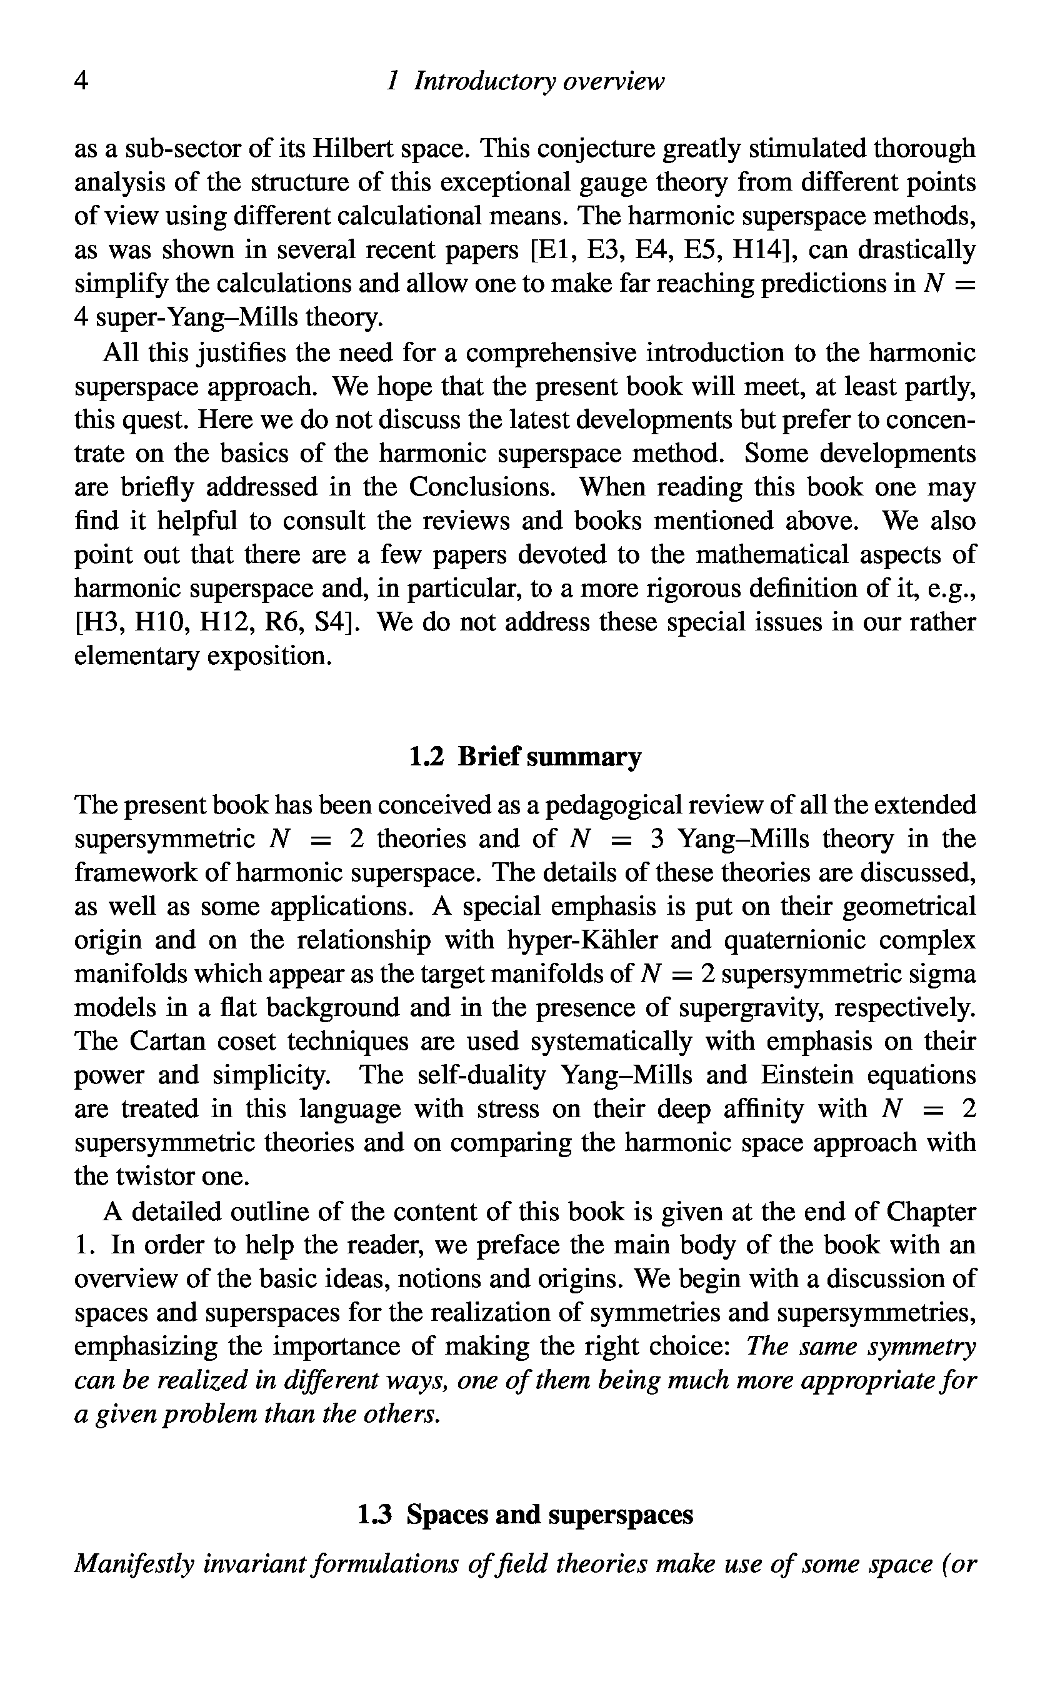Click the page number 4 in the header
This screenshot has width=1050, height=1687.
81,82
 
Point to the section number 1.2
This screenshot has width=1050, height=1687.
426,757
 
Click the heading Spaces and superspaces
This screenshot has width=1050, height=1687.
549,1514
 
